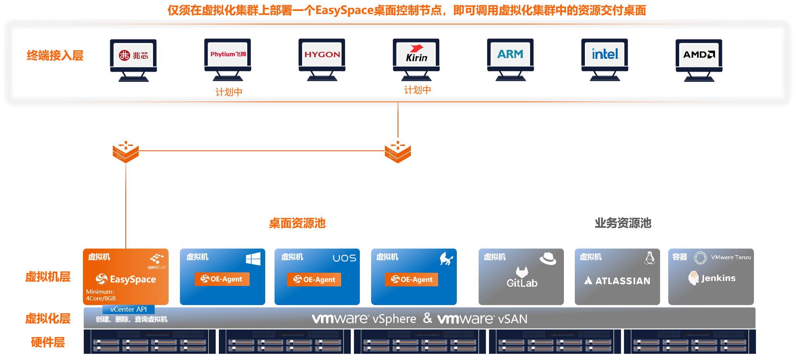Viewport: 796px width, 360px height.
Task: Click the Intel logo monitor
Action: pos(604,55)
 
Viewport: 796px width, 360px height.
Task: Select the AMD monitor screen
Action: pos(699,55)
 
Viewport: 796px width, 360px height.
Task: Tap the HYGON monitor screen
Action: pos(322,55)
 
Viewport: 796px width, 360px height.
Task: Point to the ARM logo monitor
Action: pos(510,55)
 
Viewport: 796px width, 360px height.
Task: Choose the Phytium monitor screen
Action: pos(228,55)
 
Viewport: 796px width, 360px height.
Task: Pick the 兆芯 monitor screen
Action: pos(133,55)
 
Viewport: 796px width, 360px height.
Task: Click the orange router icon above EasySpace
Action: pos(126,150)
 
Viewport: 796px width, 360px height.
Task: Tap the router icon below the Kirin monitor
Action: pos(398,150)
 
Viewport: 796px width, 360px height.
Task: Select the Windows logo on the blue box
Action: pos(253,259)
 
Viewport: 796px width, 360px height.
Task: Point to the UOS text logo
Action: pos(344,258)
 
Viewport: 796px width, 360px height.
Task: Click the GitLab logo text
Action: pos(522,282)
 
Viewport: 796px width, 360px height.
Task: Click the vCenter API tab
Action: pos(129,309)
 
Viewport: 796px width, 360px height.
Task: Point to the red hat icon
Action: pos(548,258)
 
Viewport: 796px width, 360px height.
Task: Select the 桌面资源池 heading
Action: pos(297,223)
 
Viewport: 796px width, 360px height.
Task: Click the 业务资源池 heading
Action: pos(623,223)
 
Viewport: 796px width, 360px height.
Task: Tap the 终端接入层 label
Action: pos(55,56)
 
